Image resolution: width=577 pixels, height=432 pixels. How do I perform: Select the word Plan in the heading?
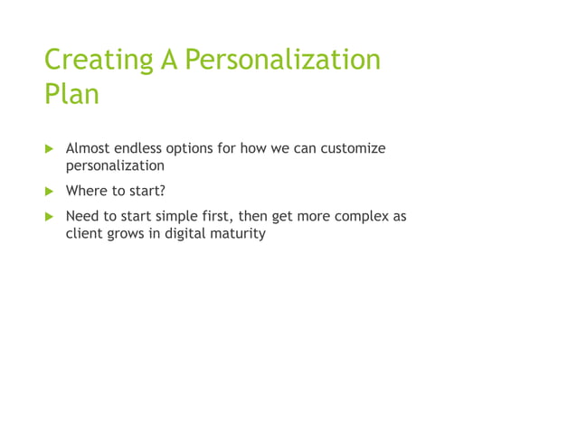click(71, 94)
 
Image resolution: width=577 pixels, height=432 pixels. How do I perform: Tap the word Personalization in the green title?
click(282, 60)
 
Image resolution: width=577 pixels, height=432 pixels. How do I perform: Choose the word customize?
click(354, 148)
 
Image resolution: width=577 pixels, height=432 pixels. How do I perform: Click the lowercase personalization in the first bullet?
click(115, 166)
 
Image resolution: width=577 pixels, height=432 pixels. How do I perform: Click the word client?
click(83, 235)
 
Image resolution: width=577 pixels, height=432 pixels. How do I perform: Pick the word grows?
click(128, 235)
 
